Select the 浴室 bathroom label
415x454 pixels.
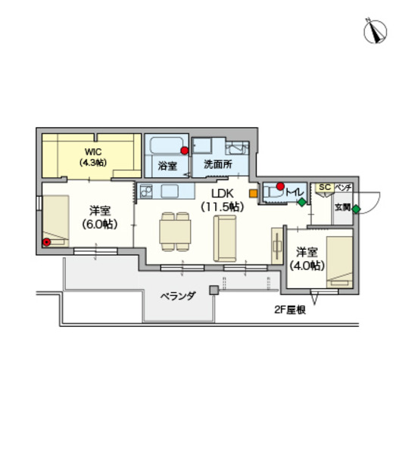tap(167, 164)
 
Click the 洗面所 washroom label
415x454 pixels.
tap(217, 164)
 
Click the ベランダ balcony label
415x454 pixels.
tap(177, 296)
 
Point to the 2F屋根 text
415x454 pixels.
tap(289, 309)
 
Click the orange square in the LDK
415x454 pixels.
tap(253, 202)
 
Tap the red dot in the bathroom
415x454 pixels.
tap(184, 151)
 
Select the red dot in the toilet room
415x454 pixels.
tap(279, 186)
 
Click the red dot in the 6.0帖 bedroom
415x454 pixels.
tap(47, 242)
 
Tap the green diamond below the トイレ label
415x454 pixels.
tap(302, 202)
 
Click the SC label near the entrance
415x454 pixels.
tap(324, 187)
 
